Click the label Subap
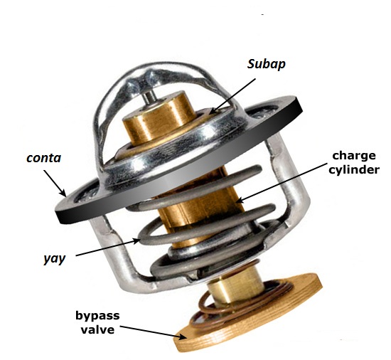coord(266,64)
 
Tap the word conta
coord(43,158)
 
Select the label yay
coord(54,259)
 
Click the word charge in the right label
coord(354,157)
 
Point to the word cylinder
coord(354,170)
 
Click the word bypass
coord(98,317)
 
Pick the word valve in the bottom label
coord(98,330)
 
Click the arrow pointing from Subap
coord(233,96)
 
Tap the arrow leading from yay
coord(108,248)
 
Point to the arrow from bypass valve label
coord(154,332)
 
